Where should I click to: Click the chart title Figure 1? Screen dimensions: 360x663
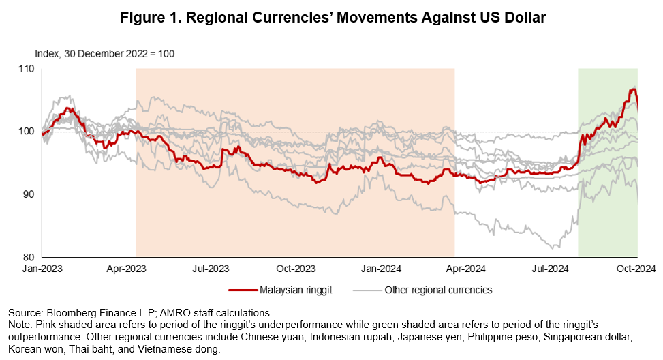point(333,18)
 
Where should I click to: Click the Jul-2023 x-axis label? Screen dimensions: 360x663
point(217,269)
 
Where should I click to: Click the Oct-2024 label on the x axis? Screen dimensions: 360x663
point(636,269)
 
